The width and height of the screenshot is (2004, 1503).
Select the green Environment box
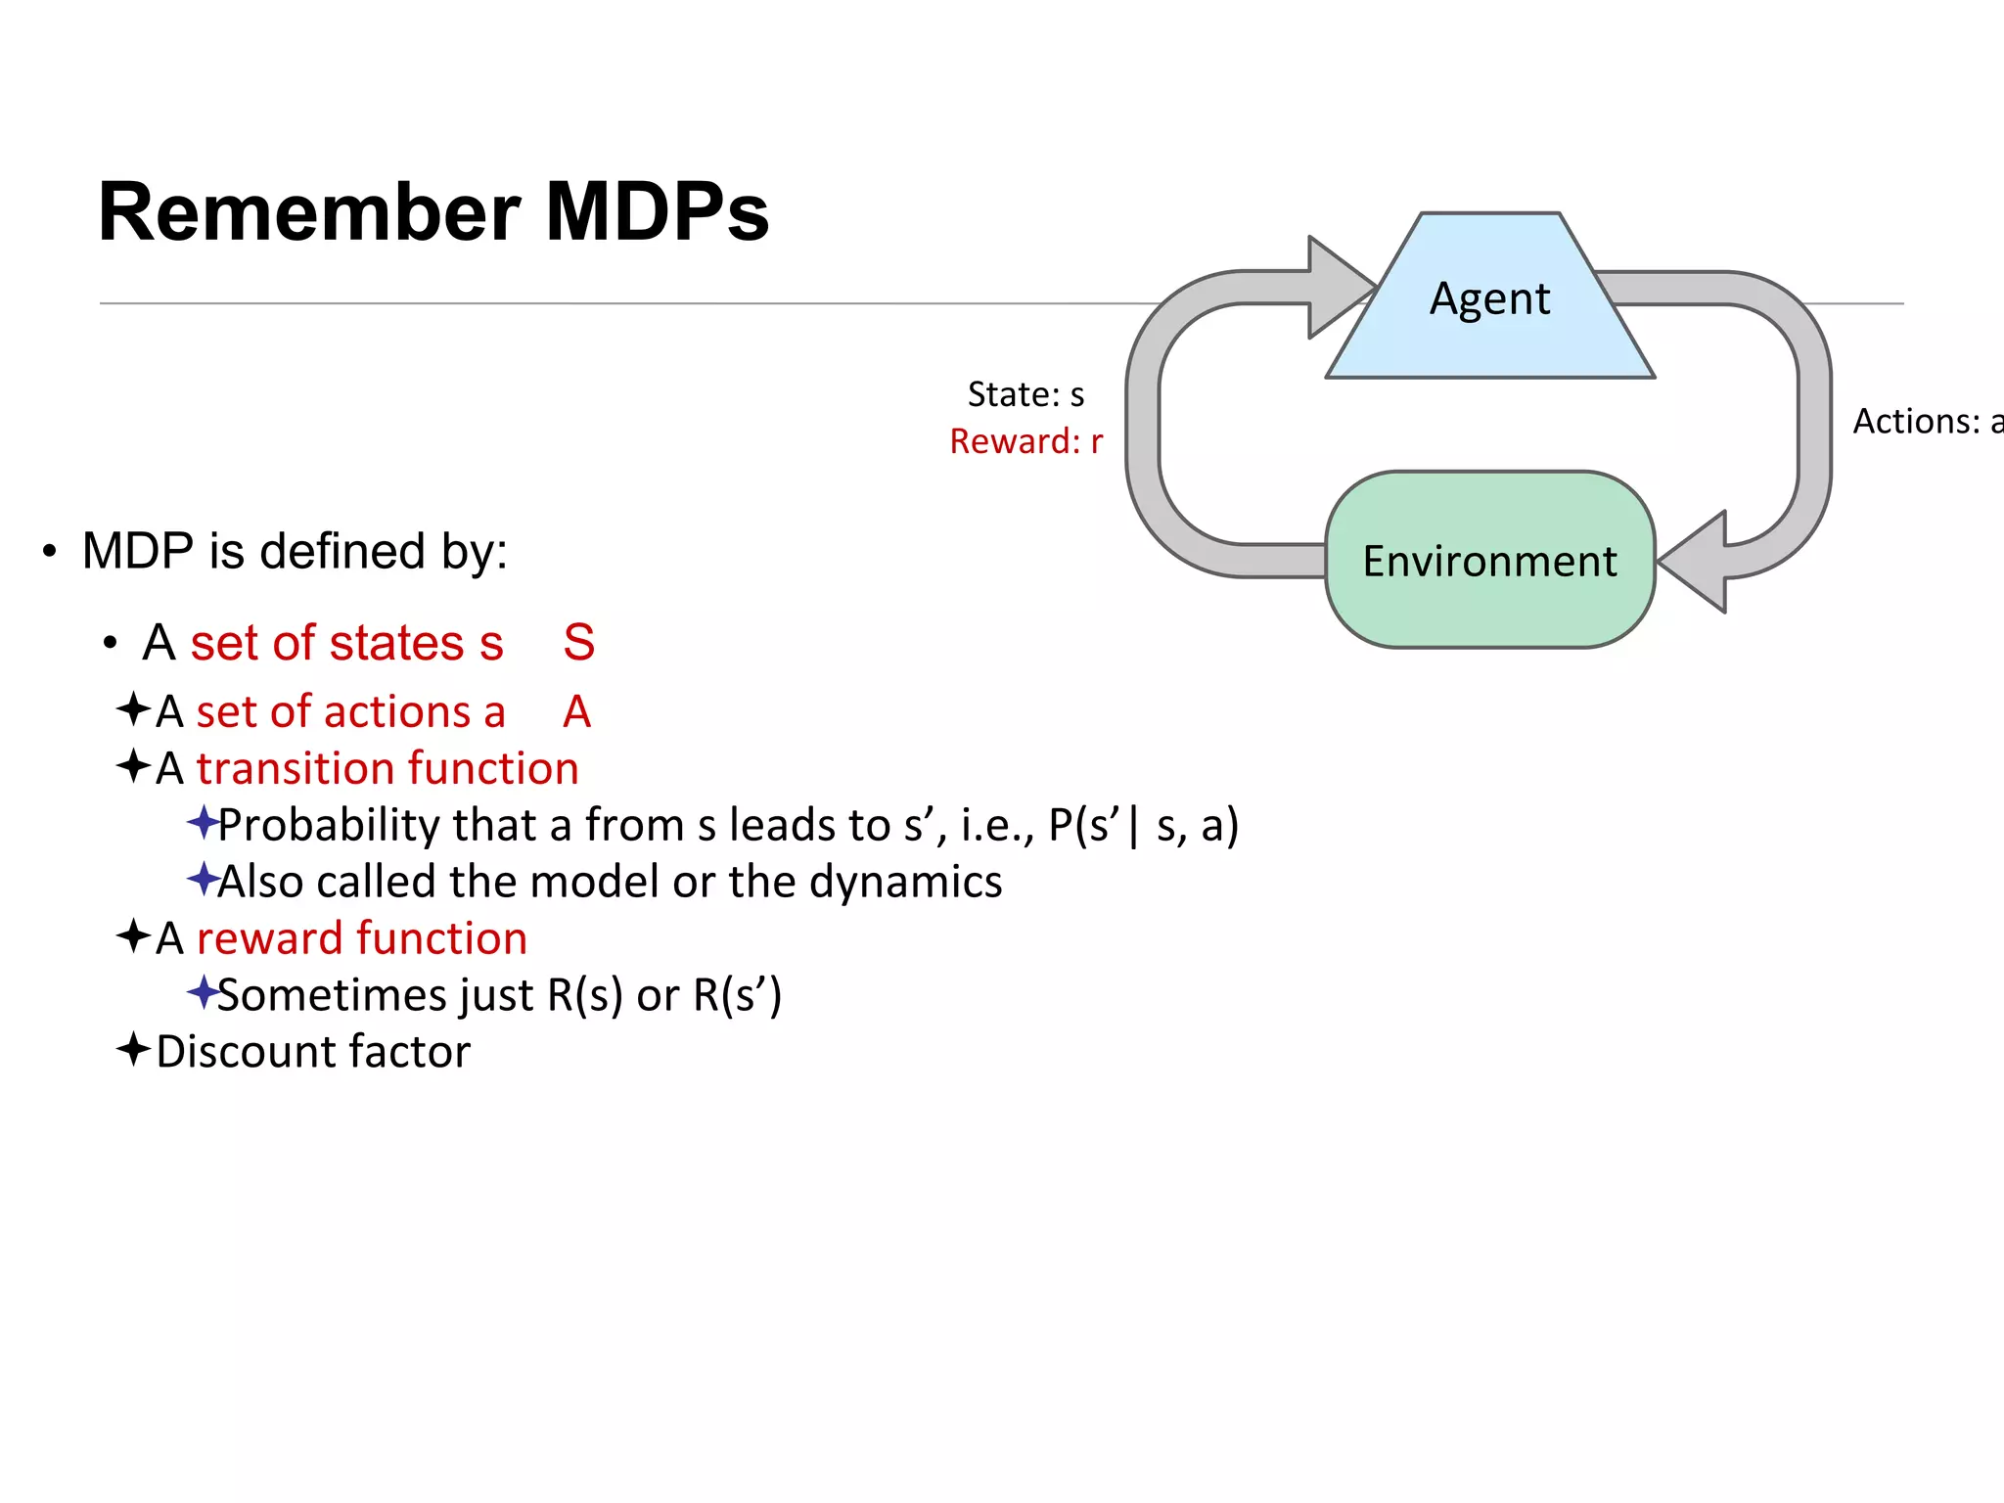tap(1489, 561)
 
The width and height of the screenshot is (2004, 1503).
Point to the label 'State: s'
tap(1025, 394)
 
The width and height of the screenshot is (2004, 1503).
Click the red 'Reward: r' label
tap(1025, 441)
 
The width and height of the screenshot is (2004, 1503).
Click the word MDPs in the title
tap(657, 212)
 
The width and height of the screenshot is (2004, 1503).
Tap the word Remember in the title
tap(309, 212)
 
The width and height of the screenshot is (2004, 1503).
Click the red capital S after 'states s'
tap(578, 643)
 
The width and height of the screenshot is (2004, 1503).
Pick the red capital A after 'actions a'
tap(576, 711)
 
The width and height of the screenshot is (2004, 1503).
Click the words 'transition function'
tap(387, 768)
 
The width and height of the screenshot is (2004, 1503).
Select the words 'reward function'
tap(362, 938)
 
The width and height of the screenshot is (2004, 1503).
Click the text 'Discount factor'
tap(313, 1052)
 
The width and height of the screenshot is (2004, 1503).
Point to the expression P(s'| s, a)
tap(1143, 825)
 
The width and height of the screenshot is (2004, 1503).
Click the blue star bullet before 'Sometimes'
tap(203, 992)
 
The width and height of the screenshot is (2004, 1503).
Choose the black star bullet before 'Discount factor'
tap(133, 1050)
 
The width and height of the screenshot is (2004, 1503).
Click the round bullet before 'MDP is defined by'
tap(50, 552)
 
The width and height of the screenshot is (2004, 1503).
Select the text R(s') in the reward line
tap(737, 995)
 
